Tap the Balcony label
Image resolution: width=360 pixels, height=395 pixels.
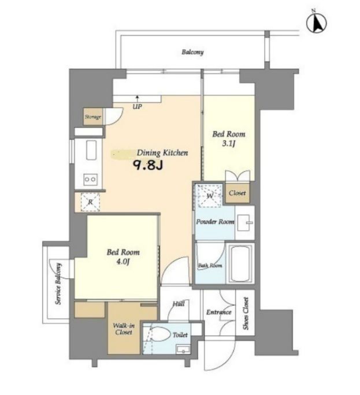192,52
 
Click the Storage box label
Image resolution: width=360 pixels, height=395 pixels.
93,117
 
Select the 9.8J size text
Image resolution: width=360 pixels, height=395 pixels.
148,165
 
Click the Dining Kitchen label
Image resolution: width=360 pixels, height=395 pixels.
162,153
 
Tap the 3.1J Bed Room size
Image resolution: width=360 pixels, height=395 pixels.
229,144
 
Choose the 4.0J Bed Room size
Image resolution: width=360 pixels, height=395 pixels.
123,262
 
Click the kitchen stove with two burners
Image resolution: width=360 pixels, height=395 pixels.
90,179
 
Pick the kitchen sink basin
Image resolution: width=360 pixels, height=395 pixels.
91,150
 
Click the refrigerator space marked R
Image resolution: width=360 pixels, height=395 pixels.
90,202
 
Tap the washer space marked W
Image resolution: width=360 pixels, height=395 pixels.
209,196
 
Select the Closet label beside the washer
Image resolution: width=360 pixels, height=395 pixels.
237,193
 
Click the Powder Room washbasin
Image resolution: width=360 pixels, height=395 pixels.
245,222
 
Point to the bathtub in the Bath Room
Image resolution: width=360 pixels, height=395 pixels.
240,263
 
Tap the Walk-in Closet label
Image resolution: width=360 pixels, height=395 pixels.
124,329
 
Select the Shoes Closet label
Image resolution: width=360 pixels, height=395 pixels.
246,314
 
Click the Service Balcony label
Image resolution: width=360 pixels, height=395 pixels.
58,284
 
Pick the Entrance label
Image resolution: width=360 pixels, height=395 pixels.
219,312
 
